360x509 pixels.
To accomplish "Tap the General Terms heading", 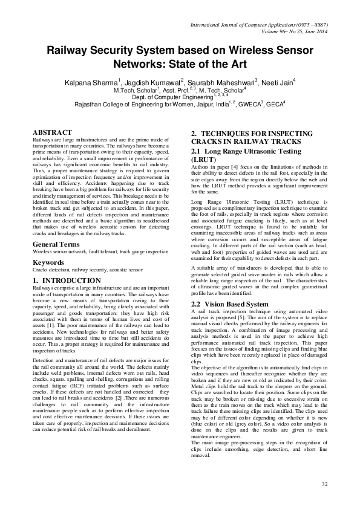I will pos(59,244).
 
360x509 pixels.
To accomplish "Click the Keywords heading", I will pos(50,262).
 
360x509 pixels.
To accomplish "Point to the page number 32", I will pos(324,484).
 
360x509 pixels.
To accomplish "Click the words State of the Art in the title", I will pos(206,62).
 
